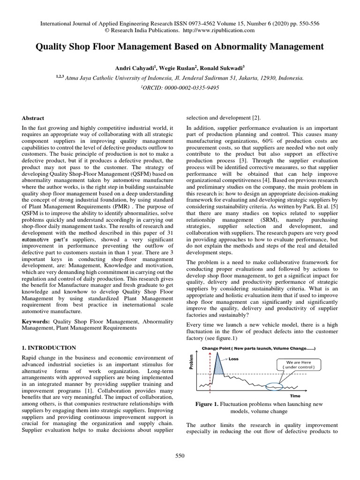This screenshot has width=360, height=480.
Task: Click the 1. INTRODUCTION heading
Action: tap(49, 347)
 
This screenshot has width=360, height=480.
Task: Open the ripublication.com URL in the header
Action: tap(219, 30)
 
